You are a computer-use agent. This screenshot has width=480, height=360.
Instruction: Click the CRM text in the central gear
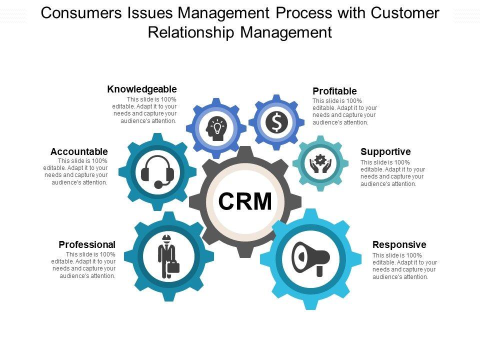click(x=245, y=201)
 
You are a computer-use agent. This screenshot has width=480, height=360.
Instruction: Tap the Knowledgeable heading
click(x=142, y=89)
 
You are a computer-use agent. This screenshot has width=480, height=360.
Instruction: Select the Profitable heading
click(x=334, y=91)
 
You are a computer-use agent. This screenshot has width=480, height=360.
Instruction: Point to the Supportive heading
click(x=385, y=151)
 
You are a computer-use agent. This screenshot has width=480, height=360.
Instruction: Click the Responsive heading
click(x=399, y=244)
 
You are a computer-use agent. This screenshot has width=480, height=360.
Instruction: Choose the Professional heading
click(x=87, y=244)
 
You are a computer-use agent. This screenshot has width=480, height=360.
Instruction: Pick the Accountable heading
click(x=79, y=151)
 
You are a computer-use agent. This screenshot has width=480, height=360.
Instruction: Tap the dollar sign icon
click(x=276, y=122)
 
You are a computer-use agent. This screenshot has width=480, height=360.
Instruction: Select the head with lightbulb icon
click(x=216, y=128)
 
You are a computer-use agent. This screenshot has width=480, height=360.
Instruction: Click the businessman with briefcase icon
click(x=166, y=256)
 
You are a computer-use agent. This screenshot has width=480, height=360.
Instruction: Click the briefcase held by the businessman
click(x=173, y=267)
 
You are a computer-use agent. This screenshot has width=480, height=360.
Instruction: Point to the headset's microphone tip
click(x=158, y=185)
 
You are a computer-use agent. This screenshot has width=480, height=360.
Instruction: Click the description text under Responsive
click(x=404, y=266)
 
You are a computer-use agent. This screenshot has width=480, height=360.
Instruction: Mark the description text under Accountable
click(x=76, y=171)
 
